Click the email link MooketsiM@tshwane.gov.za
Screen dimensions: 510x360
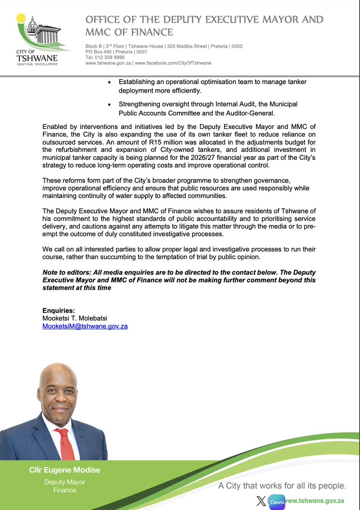click(x=85, y=326)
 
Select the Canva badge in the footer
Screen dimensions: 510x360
click(x=276, y=501)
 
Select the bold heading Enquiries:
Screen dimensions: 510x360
click(x=59, y=311)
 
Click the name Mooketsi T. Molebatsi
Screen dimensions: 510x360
click(x=75, y=319)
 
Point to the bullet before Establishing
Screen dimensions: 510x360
click(x=110, y=82)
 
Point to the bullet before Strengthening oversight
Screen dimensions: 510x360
click(x=110, y=104)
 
